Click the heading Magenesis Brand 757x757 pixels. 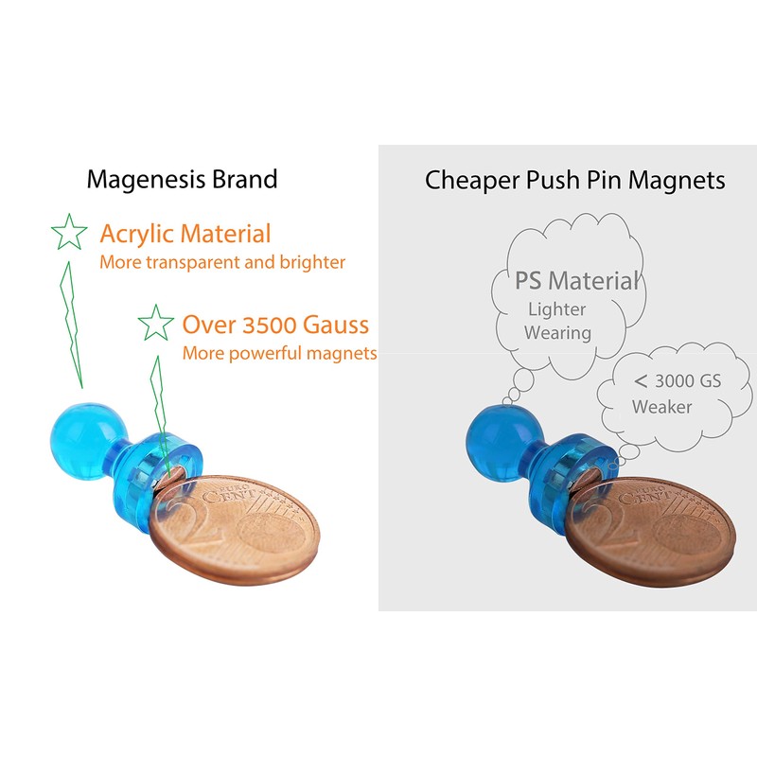click(x=183, y=179)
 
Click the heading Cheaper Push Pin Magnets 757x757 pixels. click(x=575, y=180)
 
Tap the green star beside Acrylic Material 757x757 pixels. click(x=69, y=232)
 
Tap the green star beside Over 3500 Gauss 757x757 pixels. click(x=155, y=324)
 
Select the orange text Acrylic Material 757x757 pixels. click(x=185, y=234)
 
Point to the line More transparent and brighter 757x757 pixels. click(x=222, y=262)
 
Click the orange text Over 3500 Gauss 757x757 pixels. click(x=275, y=326)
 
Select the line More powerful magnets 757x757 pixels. click(x=279, y=354)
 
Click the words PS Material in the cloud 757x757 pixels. click(x=577, y=280)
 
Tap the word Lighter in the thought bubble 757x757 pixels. click(x=556, y=308)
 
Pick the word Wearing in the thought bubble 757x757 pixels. click(x=557, y=332)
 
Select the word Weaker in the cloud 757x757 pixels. click(x=661, y=407)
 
